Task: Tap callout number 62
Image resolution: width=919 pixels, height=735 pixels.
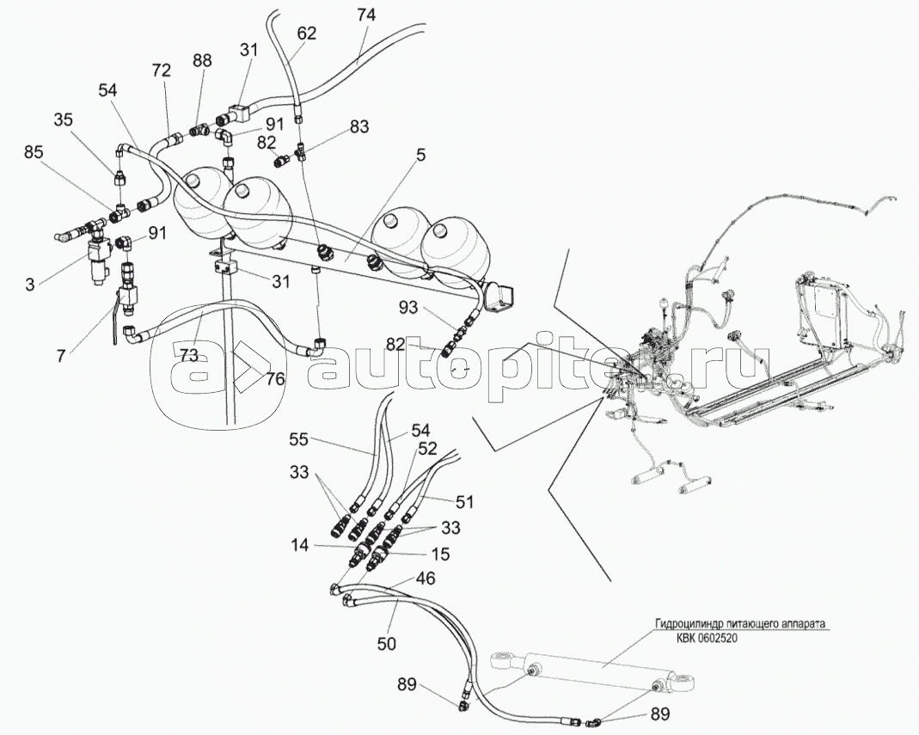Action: click(x=307, y=34)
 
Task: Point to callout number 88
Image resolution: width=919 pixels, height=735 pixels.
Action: click(x=202, y=60)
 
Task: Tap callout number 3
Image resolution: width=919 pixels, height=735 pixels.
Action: click(x=30, y=283)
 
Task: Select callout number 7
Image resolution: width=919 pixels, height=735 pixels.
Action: click(x=59, y=354)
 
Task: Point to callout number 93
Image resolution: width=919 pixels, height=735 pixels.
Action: click(x=407, y=307)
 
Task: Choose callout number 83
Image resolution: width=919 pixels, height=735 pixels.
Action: click(x=358, y=126)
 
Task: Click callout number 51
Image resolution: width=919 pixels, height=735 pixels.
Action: click(x=464, y=501)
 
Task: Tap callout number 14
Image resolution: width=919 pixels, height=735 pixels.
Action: click(x=298, y=544)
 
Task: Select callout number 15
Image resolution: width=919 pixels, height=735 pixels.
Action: click(x=439, y=554)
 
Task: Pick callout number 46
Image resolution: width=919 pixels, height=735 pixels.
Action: click(x=425, y=580)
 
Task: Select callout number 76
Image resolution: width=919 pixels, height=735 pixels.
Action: click(x=274, y=377)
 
